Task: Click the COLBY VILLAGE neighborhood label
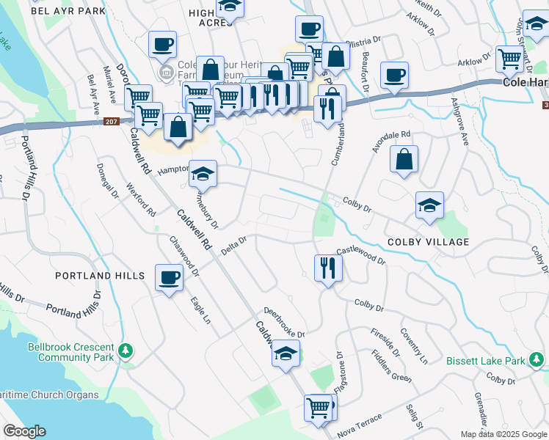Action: pos(429,242)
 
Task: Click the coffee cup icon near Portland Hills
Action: pos(170,277)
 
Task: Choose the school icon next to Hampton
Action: pos(203,174)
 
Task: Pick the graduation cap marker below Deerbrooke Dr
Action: pos(286,354)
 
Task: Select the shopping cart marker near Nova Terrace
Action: pos(319,407)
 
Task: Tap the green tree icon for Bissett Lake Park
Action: pos(538,360)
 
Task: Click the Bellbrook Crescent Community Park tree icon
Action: pos(126,351)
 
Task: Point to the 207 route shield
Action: pos(111,122)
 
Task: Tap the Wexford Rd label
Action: pos(141,199)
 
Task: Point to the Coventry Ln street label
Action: pos(414,345)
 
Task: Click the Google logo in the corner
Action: pos(24,431)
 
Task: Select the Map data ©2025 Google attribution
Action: pos(503,434)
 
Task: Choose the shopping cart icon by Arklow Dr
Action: pos(509,59)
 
